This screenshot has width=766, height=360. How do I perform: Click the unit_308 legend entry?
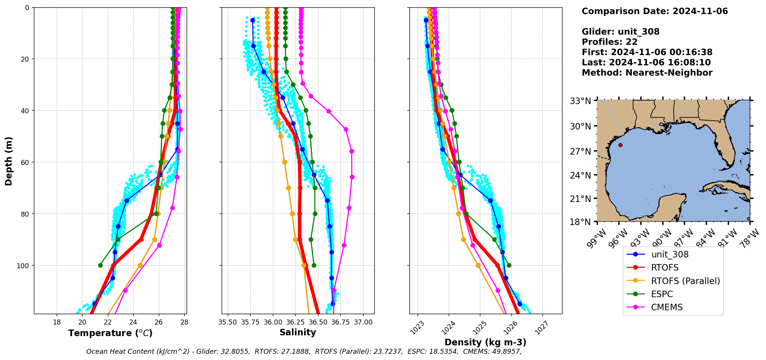pyautogui.click(x=670, y=254)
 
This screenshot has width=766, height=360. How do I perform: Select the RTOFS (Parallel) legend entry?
pyautogui.click(x=685, y=281)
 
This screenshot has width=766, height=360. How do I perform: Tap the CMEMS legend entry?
pyautogui.click(x=667, y=307)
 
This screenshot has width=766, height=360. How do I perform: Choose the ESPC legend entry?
pyautogui.click(x=662, y=294)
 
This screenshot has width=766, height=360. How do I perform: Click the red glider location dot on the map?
pyautogui.click(x=620, y=145)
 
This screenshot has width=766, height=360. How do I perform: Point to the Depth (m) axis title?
pyautogui.click(x=8, y=161)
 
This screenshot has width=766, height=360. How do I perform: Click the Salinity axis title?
pyautogui.click(x=298, y=332)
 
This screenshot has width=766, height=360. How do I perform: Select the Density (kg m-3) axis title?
pyautogui.click(x=485, y=342)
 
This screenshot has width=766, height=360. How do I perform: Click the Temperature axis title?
pyautogui.click(x=110, y=333)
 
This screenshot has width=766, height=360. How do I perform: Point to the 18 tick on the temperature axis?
pyautogui.click(x=57, y=322)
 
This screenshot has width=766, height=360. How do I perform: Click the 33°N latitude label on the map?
pyautogui.click(x=581, y=101)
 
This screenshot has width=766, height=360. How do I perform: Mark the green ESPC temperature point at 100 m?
pyautogui.click(x=100, y=265)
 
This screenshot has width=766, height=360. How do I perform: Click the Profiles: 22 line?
pyautogui.click(x=609, y=42)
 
